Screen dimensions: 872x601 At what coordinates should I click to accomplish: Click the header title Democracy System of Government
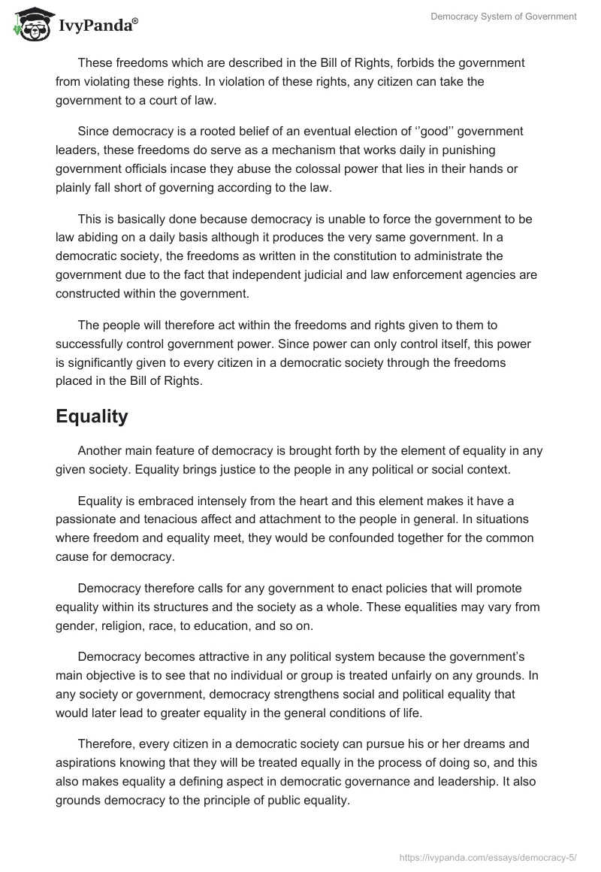[503, 17]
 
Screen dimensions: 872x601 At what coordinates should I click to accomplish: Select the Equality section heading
[92, 416]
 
